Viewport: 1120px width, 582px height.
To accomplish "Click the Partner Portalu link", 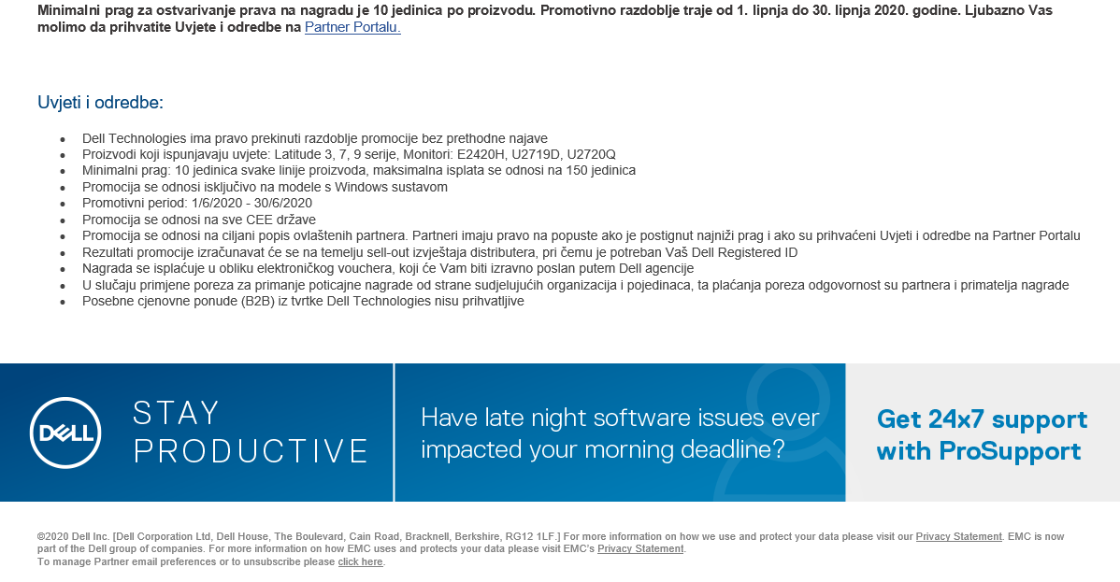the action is point(352,28).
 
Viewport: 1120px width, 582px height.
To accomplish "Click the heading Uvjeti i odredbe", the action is point(100,103).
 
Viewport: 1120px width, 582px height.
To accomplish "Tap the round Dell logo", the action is point(65,433).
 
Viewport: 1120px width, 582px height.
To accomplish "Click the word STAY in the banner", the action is point(176,414).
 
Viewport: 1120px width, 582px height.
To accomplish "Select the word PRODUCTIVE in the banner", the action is point(251,451).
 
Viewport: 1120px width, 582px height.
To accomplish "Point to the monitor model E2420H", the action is point(481,154).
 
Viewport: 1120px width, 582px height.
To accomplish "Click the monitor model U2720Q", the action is point(592,154).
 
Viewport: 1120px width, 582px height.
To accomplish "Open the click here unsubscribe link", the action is point(360,562).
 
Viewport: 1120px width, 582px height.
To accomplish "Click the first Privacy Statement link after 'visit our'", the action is point(958,536).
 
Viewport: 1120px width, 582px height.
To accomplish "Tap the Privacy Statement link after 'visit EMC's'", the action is point(640,549).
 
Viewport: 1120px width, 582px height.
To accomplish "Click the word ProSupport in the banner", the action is point(1010,451).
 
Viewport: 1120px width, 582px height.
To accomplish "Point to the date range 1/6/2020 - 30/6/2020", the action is point(251,203).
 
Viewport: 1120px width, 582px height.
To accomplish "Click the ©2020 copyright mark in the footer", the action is point(53,536).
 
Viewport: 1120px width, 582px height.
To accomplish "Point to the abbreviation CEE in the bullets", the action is point(260,220).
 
